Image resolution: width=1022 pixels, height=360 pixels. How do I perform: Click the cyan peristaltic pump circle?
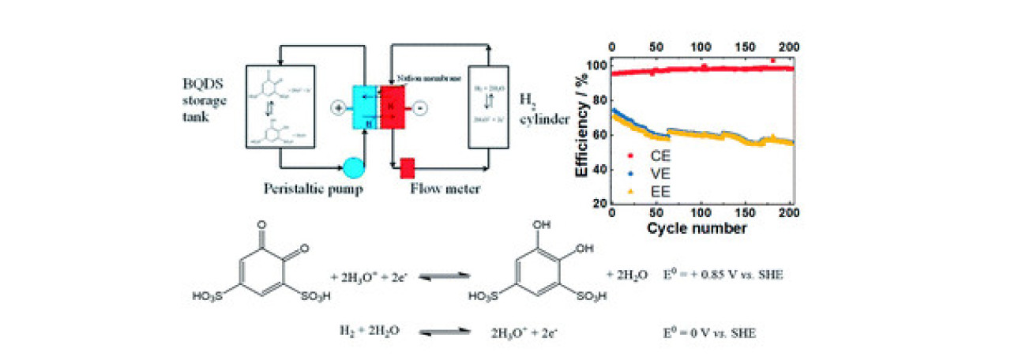click(x=353, y=167)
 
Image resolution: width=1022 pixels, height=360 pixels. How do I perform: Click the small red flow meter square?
click(x=408, y=167)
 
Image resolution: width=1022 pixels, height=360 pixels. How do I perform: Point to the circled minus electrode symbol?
click(x=421, y=107)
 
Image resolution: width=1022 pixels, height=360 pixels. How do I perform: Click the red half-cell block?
click(x=393, y=107)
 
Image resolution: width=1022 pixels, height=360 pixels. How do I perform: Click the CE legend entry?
click(x=649, y=156)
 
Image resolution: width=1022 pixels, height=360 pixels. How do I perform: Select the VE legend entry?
click(x=649, y=173)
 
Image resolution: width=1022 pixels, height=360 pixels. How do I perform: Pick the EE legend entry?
click(x=649, y=190)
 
